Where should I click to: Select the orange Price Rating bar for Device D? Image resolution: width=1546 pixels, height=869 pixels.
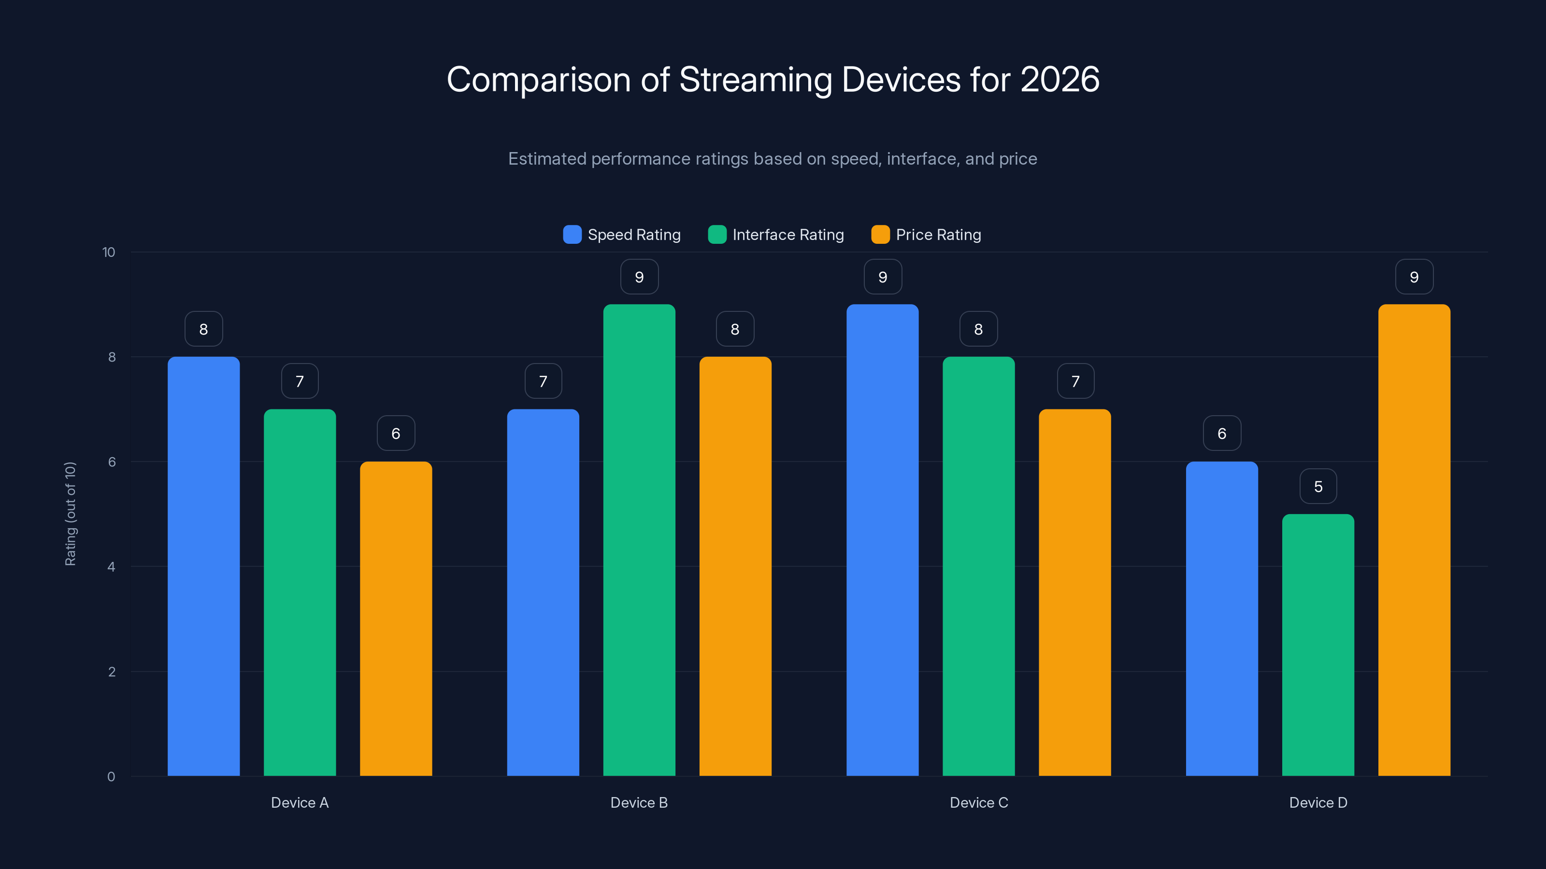click(x=1414, y=540)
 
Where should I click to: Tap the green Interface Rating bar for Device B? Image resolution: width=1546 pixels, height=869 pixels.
click(x=639, y=540)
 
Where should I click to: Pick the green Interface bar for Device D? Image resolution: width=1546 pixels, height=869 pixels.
click(x=1318, y=645)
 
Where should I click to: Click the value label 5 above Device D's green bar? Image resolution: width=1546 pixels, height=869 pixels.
click(x=1318, y=486)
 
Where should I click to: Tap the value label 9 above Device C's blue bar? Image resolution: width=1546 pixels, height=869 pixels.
click(x=882, y=277)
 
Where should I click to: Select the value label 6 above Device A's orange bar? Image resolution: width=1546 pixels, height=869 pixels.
click(x=396, y=434)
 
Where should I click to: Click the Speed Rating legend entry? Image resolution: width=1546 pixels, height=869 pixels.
click(x=622, y=235)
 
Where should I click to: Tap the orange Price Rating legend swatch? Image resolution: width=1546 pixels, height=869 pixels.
click(x=880, y=235)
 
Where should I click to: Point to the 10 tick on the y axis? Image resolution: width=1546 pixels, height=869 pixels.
click(x=109, y=252)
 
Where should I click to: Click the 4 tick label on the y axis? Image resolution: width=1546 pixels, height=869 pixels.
click(x=111, y=567)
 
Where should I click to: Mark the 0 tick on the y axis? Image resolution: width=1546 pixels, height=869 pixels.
click(x=111, y=777)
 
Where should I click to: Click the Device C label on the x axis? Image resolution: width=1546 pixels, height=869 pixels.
click(x=978, y=802)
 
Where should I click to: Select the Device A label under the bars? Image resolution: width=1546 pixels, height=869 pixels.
click(x=300, y=802)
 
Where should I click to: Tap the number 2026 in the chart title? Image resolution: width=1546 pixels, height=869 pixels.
click(x=1059, y=80)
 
